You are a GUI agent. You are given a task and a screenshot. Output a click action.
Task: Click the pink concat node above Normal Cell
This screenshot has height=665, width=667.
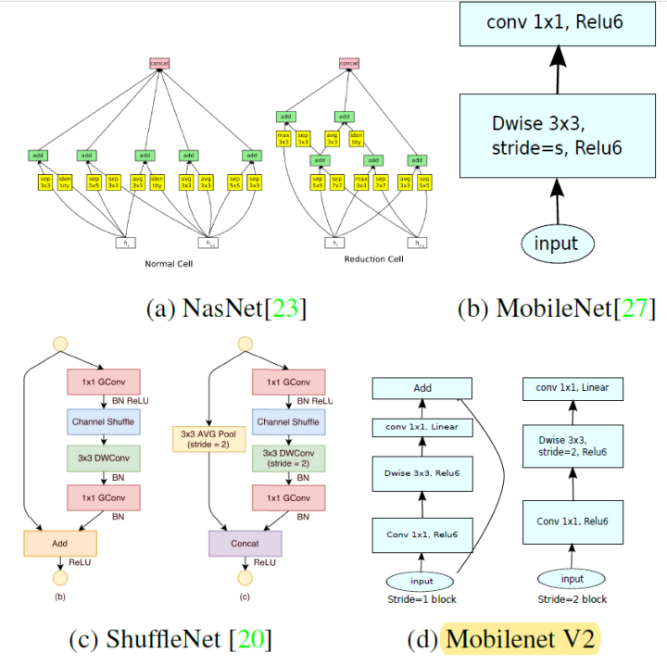coord(159,63)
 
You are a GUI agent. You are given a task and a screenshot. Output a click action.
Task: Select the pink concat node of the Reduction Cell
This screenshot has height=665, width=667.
coord(348,63)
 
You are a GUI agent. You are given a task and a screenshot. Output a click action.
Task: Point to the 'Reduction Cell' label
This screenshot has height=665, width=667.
coord(373,259)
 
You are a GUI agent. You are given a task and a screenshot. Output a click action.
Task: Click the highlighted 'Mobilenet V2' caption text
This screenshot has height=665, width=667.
coord(522,639)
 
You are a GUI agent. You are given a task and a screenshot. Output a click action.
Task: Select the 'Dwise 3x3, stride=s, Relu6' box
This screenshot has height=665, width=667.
coord(557,136)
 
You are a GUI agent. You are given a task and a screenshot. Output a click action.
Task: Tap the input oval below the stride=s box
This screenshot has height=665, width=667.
coord(556,244)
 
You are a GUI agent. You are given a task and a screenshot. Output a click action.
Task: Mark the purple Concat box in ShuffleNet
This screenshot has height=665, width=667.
coord(245,544)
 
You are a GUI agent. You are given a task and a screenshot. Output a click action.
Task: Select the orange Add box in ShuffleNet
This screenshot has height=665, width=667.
coord(59,544)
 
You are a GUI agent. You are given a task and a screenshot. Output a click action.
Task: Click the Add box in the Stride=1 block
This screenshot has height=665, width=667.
coord(422,390)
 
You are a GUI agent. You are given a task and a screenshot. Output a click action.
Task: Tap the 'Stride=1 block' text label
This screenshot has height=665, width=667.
coord(422,600)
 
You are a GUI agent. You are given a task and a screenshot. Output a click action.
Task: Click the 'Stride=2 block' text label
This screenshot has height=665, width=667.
coord(573,600)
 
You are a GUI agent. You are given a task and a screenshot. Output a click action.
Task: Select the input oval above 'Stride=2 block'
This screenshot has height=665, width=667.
coord(573,579)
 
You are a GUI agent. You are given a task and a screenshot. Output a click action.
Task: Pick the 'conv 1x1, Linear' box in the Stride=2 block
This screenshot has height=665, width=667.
coord(573,388)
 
